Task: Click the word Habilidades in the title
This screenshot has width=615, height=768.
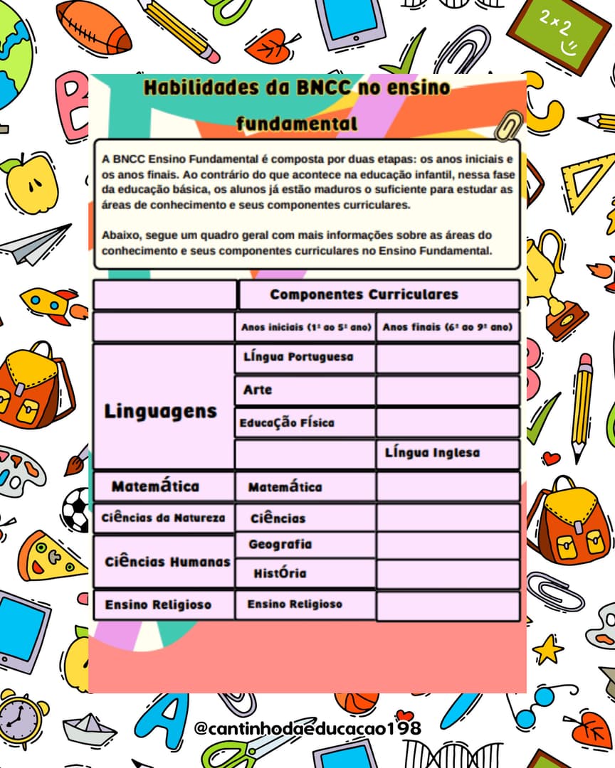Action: coord(189,88)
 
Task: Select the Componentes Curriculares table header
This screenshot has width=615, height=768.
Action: coord(364,294)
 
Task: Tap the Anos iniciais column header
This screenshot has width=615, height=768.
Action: coord(306,328)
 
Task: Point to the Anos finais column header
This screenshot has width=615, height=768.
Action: coord(448,328)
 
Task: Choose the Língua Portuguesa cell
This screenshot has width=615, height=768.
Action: coord(298,357)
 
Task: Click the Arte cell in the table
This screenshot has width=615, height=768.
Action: coord(258,390)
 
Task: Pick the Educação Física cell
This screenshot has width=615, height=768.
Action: coord(287,422)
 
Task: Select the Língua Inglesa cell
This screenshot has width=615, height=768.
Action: coord(432,453)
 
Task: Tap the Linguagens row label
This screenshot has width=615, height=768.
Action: coord(160,411)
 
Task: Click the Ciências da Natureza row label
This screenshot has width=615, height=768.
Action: coord(163,518)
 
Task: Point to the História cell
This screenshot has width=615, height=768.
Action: coord(280,573)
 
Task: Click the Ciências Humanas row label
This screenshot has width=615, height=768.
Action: coord(167,562)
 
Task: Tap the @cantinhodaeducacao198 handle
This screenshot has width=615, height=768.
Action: coord(307,729)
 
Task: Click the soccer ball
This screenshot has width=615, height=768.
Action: coord(74,508)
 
